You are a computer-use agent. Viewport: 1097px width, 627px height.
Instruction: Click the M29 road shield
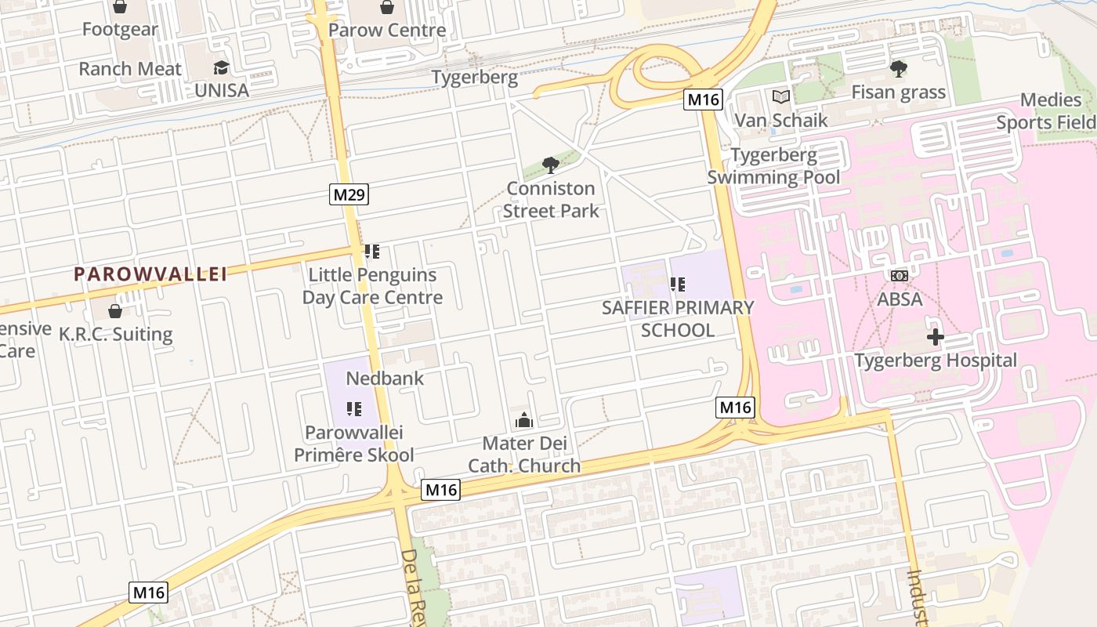click(x=349, y=194)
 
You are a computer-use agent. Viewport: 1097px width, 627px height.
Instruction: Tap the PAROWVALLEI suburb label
click(x=150, y=274)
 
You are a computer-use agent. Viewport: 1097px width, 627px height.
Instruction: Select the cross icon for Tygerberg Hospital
click(x=935, y=337)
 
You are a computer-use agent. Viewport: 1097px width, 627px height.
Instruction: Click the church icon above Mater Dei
click(x=524, y=420)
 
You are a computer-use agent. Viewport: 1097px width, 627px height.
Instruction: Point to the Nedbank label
click(x=385, y=378)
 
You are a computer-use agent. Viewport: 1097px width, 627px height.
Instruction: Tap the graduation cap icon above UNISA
click(x=221, y=67)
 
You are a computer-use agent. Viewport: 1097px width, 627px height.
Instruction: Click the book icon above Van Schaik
click(x=780, y=97)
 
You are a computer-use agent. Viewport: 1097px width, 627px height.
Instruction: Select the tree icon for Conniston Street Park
click(x=551, y=165)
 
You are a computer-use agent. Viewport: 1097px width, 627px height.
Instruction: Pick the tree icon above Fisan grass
click(x=898, y=69)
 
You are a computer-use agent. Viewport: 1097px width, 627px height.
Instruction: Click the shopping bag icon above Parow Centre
click(x=387, y=8)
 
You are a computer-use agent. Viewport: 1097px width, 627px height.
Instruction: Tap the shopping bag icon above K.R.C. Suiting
click(x=115, y=311)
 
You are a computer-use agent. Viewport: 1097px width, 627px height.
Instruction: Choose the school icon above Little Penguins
click(x=372, y=252)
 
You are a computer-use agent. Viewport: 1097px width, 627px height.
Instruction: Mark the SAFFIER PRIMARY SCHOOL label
click(x=678, y=319)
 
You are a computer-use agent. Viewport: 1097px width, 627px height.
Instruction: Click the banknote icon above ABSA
click(x=900, y=276)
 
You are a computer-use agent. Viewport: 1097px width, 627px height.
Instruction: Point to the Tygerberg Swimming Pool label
click(x=773, y=166)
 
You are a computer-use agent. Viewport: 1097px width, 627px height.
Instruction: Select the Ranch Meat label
click(x=130, y=69)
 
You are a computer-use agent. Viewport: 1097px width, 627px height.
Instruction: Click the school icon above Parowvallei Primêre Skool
click(x=353, y=408)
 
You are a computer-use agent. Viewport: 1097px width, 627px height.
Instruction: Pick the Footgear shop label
click(x=120, y=30)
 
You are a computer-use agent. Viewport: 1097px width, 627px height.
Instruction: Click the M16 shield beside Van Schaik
click(x=702, y=100)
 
